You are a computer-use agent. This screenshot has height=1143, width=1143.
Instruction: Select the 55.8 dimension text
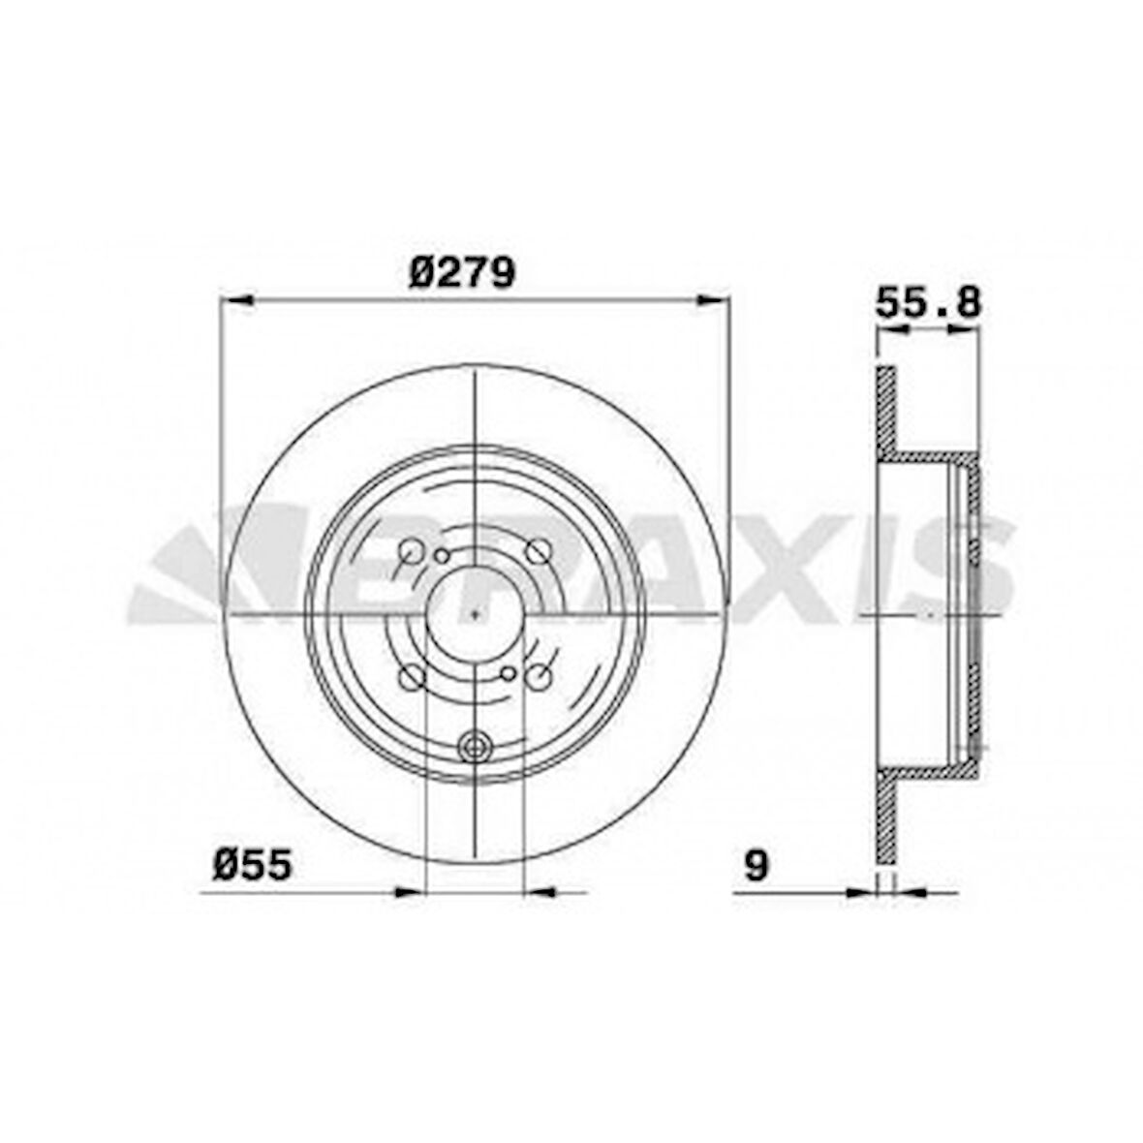(928, 303)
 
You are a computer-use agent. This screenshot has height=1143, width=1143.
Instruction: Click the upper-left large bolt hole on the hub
(411, 552)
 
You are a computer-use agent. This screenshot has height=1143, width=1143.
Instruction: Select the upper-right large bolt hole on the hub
(537, 552)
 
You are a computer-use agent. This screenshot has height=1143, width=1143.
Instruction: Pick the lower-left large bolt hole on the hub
(411, 678)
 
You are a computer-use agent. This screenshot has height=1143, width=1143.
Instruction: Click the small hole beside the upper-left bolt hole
(442, 555)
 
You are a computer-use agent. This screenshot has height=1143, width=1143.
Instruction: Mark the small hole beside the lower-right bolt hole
(508, 675)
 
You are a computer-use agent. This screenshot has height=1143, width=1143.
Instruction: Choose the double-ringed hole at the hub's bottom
(475, 746)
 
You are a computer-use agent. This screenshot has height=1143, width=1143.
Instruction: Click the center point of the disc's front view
(475, 615)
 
